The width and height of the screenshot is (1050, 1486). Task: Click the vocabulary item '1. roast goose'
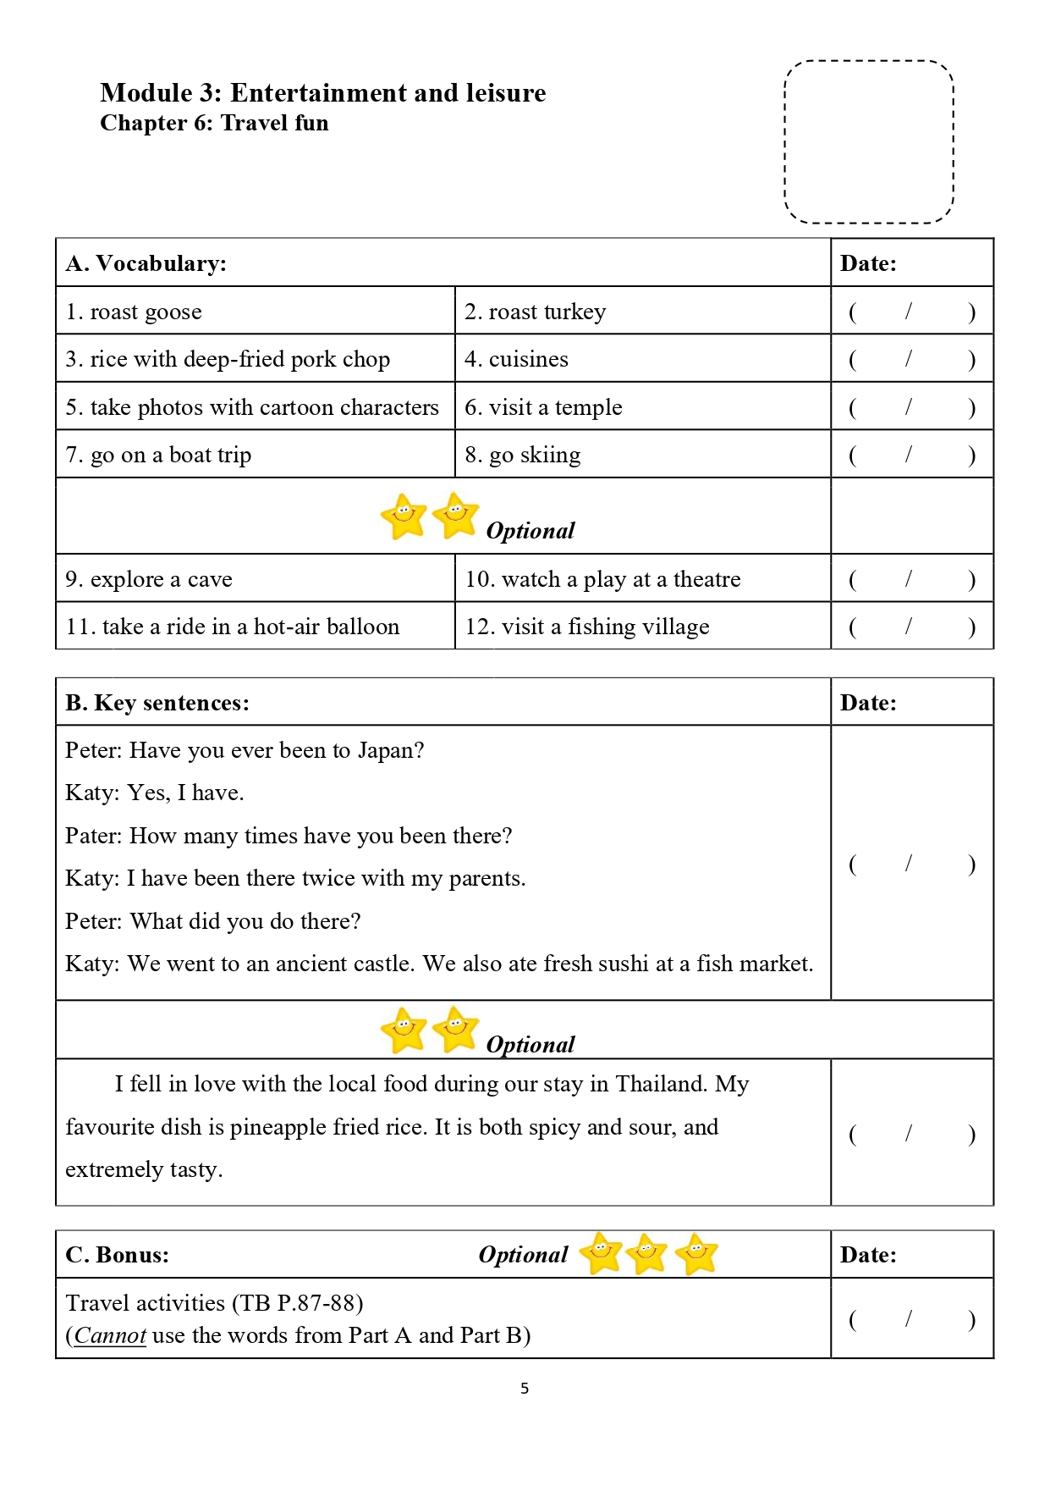134,312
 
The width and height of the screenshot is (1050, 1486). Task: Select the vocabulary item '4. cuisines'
516,359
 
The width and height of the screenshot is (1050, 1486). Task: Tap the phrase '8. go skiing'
522,455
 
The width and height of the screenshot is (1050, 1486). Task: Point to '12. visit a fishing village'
587,627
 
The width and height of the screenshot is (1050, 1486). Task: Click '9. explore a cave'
149,579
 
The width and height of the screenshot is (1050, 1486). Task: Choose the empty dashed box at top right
869,142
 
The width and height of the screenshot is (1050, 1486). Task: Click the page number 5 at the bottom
525,1388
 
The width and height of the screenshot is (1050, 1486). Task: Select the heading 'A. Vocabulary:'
146,263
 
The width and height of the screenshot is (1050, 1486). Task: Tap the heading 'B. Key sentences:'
157,703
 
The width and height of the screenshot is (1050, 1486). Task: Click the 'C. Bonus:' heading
118,1255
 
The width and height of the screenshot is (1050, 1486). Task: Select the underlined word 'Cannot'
110,1335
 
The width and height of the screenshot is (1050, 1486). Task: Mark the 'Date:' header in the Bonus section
868,1255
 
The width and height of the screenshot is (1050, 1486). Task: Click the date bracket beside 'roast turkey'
911,312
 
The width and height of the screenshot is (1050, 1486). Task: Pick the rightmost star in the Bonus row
697,1254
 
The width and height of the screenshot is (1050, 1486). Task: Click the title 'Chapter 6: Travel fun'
214,123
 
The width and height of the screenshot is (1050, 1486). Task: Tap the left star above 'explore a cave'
404,516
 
